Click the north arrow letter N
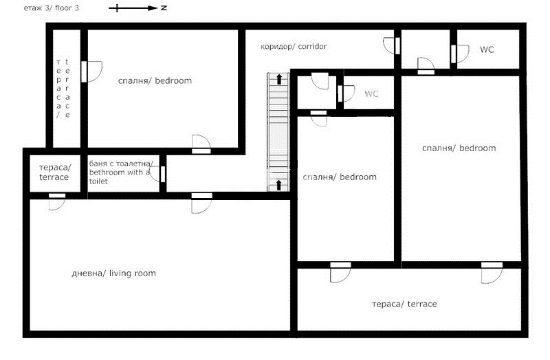164,8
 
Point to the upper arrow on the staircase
279,79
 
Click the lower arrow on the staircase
279,185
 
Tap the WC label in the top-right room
487,49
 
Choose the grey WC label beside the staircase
371,93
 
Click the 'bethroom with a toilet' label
120,172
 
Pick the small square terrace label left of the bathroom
54,172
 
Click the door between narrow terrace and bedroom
91,72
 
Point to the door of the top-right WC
460,54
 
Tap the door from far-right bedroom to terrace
492,273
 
